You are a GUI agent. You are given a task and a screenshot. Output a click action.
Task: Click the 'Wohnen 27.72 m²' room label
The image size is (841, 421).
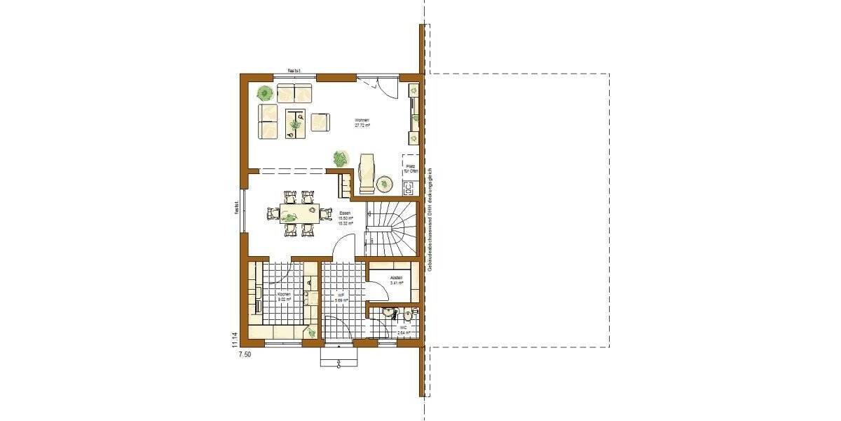point(362,123)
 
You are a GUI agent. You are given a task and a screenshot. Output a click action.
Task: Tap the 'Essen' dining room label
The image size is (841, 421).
point(345,217)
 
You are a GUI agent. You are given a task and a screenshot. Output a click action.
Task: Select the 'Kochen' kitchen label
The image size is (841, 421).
point(284,296)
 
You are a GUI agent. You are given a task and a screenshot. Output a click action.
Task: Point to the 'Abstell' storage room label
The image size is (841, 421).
point(397,281)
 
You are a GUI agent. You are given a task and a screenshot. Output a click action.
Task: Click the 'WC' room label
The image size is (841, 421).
point(404,329)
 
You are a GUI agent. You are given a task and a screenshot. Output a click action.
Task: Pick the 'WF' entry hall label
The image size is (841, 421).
point(340,298)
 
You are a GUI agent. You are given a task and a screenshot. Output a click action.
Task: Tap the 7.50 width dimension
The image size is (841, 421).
point(245,356)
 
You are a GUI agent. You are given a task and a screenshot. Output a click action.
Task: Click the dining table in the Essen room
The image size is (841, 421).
point(299,212)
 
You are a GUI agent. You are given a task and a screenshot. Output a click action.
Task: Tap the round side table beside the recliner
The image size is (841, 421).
point(384,185)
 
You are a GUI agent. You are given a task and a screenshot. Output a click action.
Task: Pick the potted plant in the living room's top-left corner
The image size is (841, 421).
point(264,93)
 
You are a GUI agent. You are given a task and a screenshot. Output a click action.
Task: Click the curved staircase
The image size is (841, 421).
point(392,228)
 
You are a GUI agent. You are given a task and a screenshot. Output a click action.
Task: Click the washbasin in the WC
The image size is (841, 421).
point(388,312)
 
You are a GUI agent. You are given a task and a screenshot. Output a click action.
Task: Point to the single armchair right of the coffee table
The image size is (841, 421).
point(320,122)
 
